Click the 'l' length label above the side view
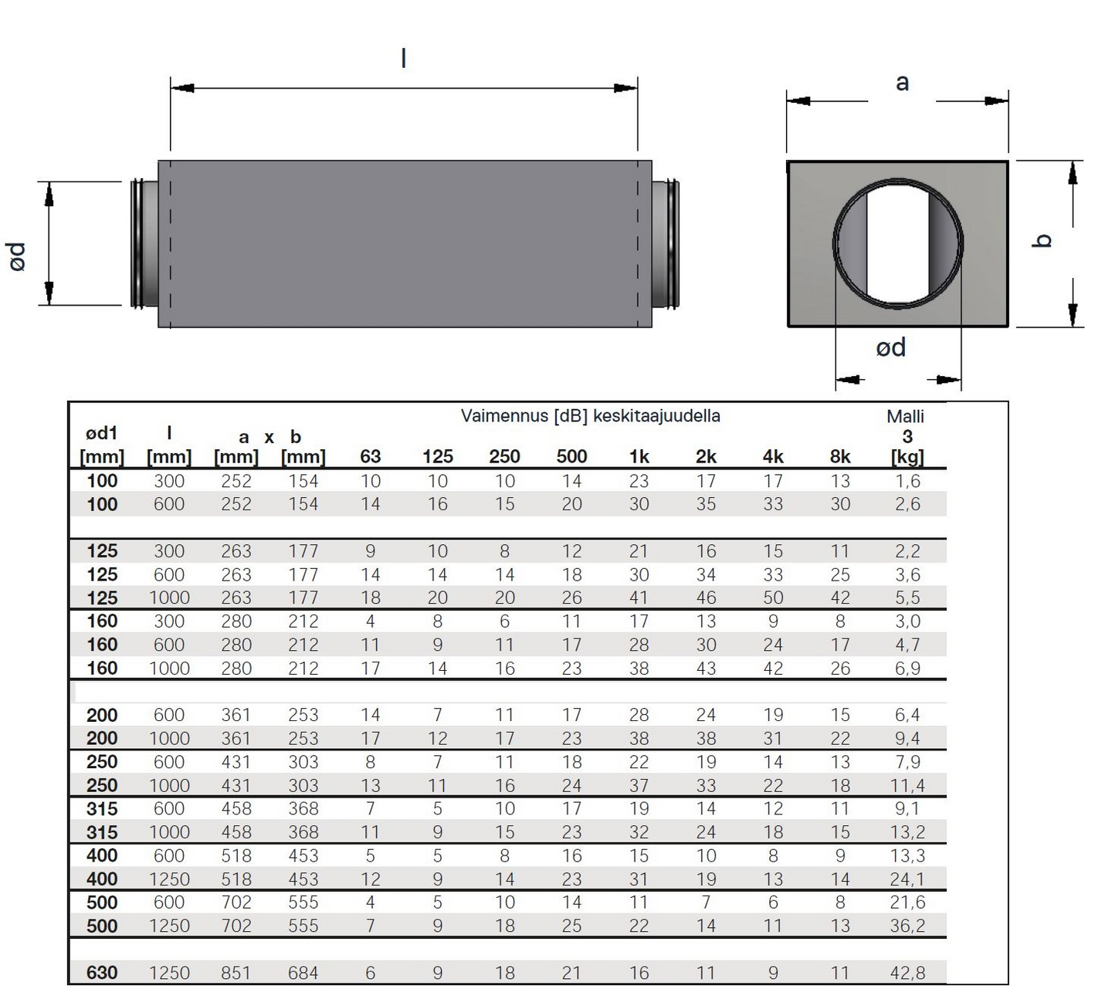pos(404,58)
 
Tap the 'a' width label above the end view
pos(902,83)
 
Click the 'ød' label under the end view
pos(891,347)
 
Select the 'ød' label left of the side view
pos(18,256)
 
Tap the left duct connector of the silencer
pos(144,243)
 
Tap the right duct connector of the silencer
pos(666,243)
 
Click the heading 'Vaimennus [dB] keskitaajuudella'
pos(590,415)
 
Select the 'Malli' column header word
pos(906,417)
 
